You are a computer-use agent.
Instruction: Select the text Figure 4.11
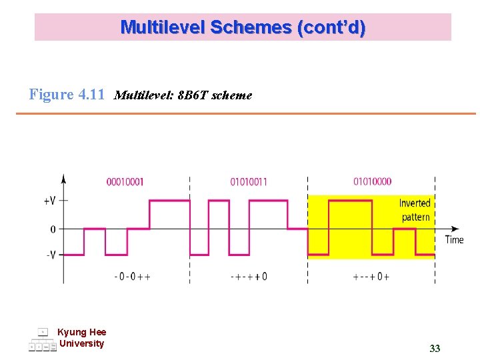[x=67, y=95]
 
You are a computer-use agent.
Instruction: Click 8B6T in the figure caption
[x=191, y=95]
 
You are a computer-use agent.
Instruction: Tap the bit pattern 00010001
[x=125, y=181]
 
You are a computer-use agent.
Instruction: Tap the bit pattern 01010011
[x=249, y=181]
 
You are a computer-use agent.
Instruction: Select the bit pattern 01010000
[x=372, y=181]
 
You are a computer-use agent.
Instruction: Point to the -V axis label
[x=51, y=255]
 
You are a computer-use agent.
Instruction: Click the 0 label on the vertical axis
[x=53, y=229]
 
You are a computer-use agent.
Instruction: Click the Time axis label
[x=454, y=240]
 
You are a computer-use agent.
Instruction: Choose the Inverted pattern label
[x=415, y=210]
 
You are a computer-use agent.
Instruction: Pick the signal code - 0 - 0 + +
[x=132, y=276]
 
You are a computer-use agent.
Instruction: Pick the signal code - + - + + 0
[x=249, y=276]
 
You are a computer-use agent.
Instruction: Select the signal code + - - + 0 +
[x=371, y=276]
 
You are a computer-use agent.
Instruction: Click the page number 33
[x=435, y=349]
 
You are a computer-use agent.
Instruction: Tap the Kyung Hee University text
[x=81, y=338]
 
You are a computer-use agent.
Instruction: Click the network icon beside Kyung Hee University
[x=43, y=339]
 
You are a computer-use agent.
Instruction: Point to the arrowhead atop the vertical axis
[x=63, y=178]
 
